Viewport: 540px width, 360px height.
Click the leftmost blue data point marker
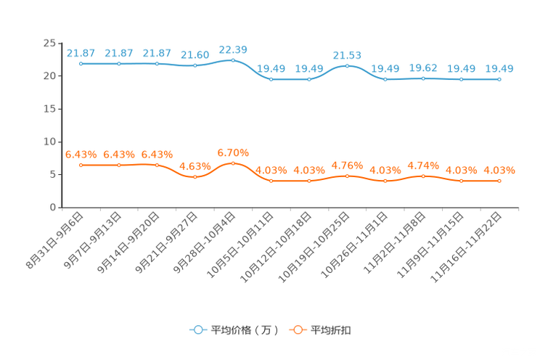tap(81, 64)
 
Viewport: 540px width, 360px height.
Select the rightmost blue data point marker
tap(499, 78)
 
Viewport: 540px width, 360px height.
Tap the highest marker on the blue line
tap(233, 60)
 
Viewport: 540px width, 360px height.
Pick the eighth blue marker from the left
tap(347, 65)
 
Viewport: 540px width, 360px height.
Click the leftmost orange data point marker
tap(81, 165)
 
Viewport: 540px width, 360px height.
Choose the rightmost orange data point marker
tap(499, 181)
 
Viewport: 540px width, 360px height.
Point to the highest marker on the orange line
tap(233, 163)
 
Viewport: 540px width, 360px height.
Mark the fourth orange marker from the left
tap(195, 176)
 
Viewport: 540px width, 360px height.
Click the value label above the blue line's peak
tap(233, 49)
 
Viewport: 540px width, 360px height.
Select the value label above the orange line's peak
tap(233, 152)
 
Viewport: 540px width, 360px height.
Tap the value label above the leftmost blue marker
tap(81, 53)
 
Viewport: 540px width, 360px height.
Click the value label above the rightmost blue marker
tap(499, 68)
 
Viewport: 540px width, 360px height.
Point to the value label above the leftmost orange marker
tap(81, 155)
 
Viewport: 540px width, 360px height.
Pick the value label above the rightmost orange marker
tap(499, 171)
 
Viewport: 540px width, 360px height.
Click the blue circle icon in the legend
tap(197, 330)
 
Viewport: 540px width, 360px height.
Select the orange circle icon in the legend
tap(298, 330)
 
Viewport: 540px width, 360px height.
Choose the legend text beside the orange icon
tap(331, 330)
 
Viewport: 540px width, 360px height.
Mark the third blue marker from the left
tap(157, 64)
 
